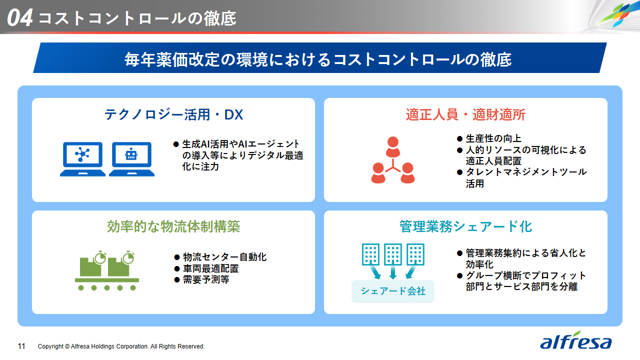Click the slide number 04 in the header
click(x=19, y=17)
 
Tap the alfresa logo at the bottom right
click(x=575, y=340)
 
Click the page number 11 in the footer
click(x=21, y=346)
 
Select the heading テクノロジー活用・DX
click(x=173, y=115)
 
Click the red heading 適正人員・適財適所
click(x=465, y=115)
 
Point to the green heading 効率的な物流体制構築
click(x=173, y=226)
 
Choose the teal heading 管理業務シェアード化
click(x=465, y=226)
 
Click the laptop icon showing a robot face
click(x=131, y=159)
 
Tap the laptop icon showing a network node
click(x=82, y=159)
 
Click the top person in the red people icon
click(x=393, y=147)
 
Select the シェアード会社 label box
click(x=393, y=291)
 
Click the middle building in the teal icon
click(x=393, y=254)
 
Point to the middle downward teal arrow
click(x=393, y=272)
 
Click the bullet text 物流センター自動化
click(x=224, y=257)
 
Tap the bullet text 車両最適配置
click(x=210, y=268)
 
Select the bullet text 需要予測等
click(x=206, y=279)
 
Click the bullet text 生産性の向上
click(x=493, y=139)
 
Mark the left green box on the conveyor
click(x=90, y=266)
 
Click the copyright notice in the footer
click(x=121, y=346)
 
